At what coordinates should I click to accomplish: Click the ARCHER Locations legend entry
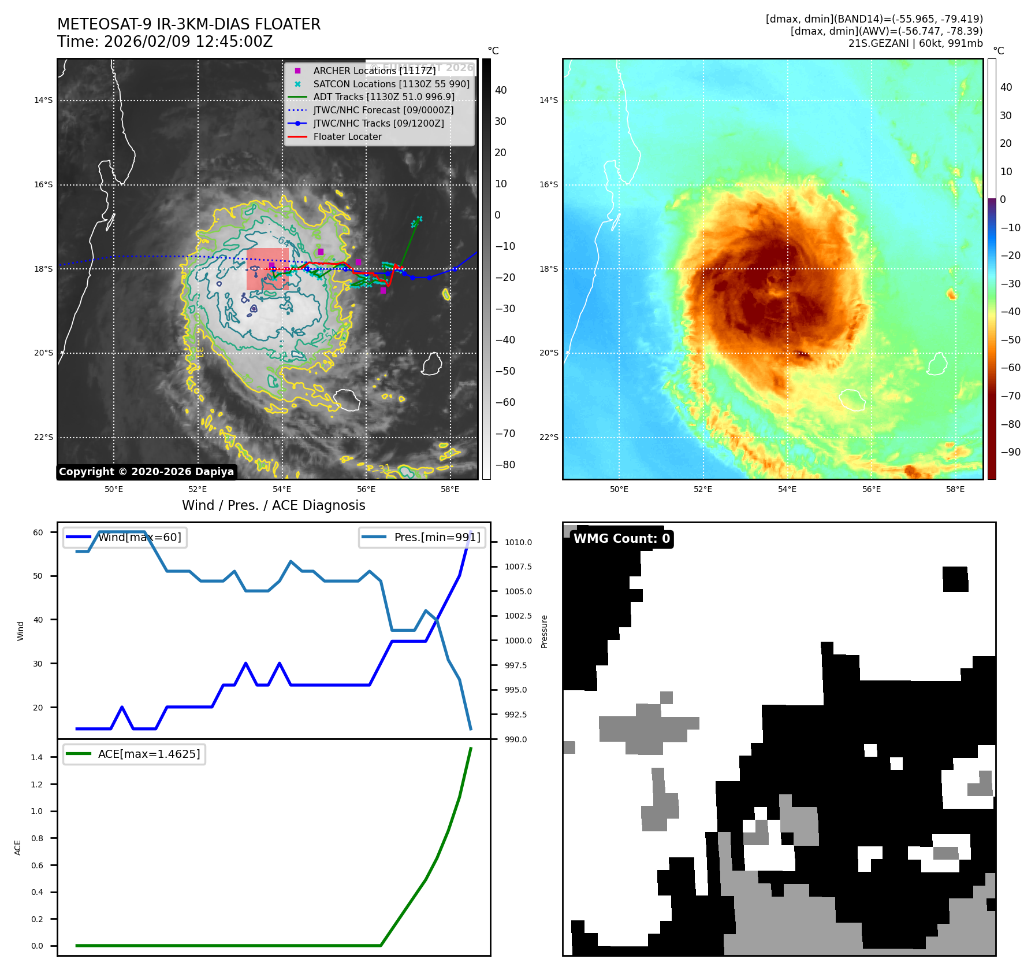(374, 71)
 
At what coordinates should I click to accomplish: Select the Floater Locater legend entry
(347, 137)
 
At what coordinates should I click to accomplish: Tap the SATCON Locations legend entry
(391, 84)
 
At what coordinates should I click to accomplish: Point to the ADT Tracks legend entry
(384, 97)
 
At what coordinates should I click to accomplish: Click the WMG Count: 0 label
(621, 539)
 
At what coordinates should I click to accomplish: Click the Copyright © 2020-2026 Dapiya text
(146, 472)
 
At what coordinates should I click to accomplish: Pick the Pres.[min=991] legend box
(422, 538)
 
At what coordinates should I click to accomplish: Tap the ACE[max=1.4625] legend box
(134, 754)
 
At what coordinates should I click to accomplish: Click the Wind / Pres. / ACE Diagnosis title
(273, 505)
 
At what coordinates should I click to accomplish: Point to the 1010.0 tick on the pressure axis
(518, 542)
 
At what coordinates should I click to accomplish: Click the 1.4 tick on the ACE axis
(37, 757)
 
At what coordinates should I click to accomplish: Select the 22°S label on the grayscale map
(43, 437)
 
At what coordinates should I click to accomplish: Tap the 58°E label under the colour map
(955, 489)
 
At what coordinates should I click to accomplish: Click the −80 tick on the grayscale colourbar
(505, 465)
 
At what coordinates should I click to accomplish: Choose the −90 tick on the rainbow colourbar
(1010, 452)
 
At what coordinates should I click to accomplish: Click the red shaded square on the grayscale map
(267, 269)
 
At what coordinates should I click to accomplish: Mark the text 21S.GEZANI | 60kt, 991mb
(915, 43)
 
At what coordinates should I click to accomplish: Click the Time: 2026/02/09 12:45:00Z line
(165, 42)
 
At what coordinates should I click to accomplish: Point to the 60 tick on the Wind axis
(38, 532)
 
